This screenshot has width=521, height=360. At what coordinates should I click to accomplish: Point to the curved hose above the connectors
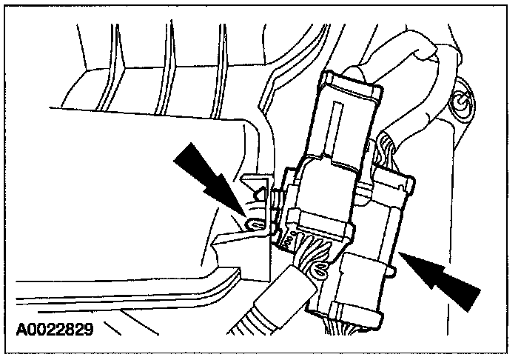(x=414, y=59)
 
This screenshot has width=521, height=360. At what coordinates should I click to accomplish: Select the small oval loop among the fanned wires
(x=319, y=271)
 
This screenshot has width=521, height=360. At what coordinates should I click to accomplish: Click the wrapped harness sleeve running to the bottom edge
(x=259, y=311)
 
